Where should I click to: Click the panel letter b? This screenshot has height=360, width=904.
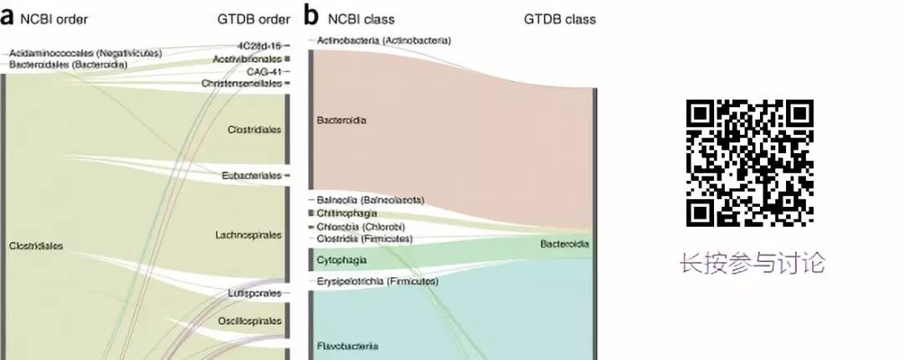[311, 16]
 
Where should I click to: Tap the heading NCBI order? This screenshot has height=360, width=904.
[56, 19]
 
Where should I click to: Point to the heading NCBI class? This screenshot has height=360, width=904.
[361, 19]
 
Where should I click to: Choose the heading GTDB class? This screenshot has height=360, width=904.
[560, 19]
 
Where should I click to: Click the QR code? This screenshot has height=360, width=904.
[749, 163]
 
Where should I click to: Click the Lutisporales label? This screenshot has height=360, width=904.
[254, 294]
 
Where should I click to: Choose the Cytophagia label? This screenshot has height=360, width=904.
[342, 260]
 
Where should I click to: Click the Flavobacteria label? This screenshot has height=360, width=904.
[347, 346]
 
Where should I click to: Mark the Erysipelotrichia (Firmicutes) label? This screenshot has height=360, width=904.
[378, 281]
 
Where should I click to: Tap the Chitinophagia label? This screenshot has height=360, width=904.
[347, 213]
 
